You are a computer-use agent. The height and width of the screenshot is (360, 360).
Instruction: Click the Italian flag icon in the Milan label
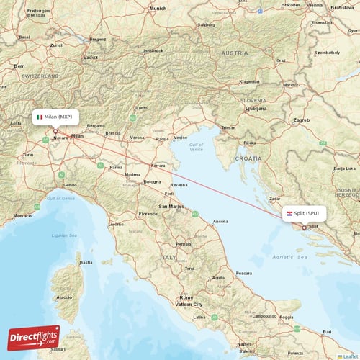[40, 116]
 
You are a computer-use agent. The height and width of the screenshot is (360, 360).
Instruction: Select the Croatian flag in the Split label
[289, 213]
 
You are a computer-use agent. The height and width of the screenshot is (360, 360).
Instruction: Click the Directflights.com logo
[34, 337]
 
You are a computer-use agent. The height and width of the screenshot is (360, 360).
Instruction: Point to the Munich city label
[158, 8]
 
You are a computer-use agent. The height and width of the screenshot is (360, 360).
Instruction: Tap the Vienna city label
[314, 4]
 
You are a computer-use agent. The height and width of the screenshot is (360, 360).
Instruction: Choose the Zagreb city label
[301, 120]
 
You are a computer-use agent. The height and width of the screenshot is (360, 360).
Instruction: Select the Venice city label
[181, 137]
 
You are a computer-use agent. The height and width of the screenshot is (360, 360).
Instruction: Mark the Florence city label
[148, 214]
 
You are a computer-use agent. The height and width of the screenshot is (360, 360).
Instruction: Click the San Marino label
[172, 206]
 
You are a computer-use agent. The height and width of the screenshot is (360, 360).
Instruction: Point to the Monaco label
[23, 215]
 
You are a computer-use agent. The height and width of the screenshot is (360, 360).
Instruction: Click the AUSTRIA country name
[234, 53]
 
